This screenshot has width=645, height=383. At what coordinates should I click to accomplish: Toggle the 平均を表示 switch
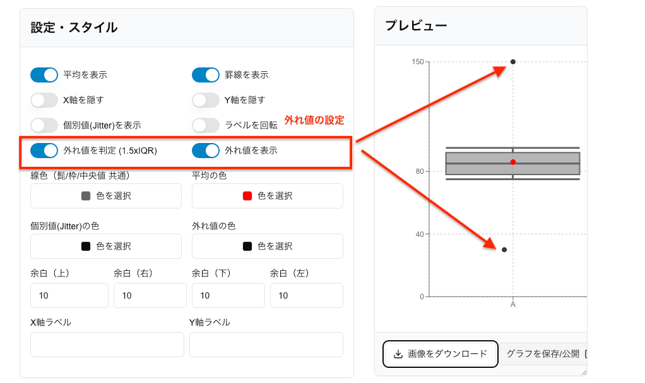pos(44,75)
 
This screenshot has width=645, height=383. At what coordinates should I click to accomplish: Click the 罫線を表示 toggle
pos(206,75)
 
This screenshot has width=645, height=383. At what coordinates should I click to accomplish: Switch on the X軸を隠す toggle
pos(44,100)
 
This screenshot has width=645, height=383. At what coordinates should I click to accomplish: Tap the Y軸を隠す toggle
pos(206,100)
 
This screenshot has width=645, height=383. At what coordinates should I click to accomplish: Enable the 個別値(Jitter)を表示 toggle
pos(44,125)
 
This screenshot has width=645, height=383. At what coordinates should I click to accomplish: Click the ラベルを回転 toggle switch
pos(206,125)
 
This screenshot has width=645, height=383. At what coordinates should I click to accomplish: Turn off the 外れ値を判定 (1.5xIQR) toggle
pos(44,151)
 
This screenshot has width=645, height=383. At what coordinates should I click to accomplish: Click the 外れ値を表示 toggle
pos(206,151)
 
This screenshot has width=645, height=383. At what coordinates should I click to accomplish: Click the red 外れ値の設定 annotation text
pos(314,120)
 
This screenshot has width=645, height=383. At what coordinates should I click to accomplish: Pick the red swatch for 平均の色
pos(247,196)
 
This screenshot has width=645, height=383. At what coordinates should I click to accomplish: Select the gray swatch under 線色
pos(86,196)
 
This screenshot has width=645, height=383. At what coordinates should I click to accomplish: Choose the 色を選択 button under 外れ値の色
pos(268,246)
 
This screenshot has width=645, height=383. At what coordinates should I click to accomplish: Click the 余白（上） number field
pos(69,295)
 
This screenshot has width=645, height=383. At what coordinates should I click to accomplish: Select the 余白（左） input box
pos(307,295)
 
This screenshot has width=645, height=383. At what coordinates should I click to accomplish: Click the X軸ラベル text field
pos(107,345)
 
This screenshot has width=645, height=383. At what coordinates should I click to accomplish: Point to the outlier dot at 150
pos(513,62)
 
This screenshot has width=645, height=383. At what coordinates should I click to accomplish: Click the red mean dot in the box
pos(513,163)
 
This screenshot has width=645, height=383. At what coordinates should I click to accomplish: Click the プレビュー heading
pos(416,26)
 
